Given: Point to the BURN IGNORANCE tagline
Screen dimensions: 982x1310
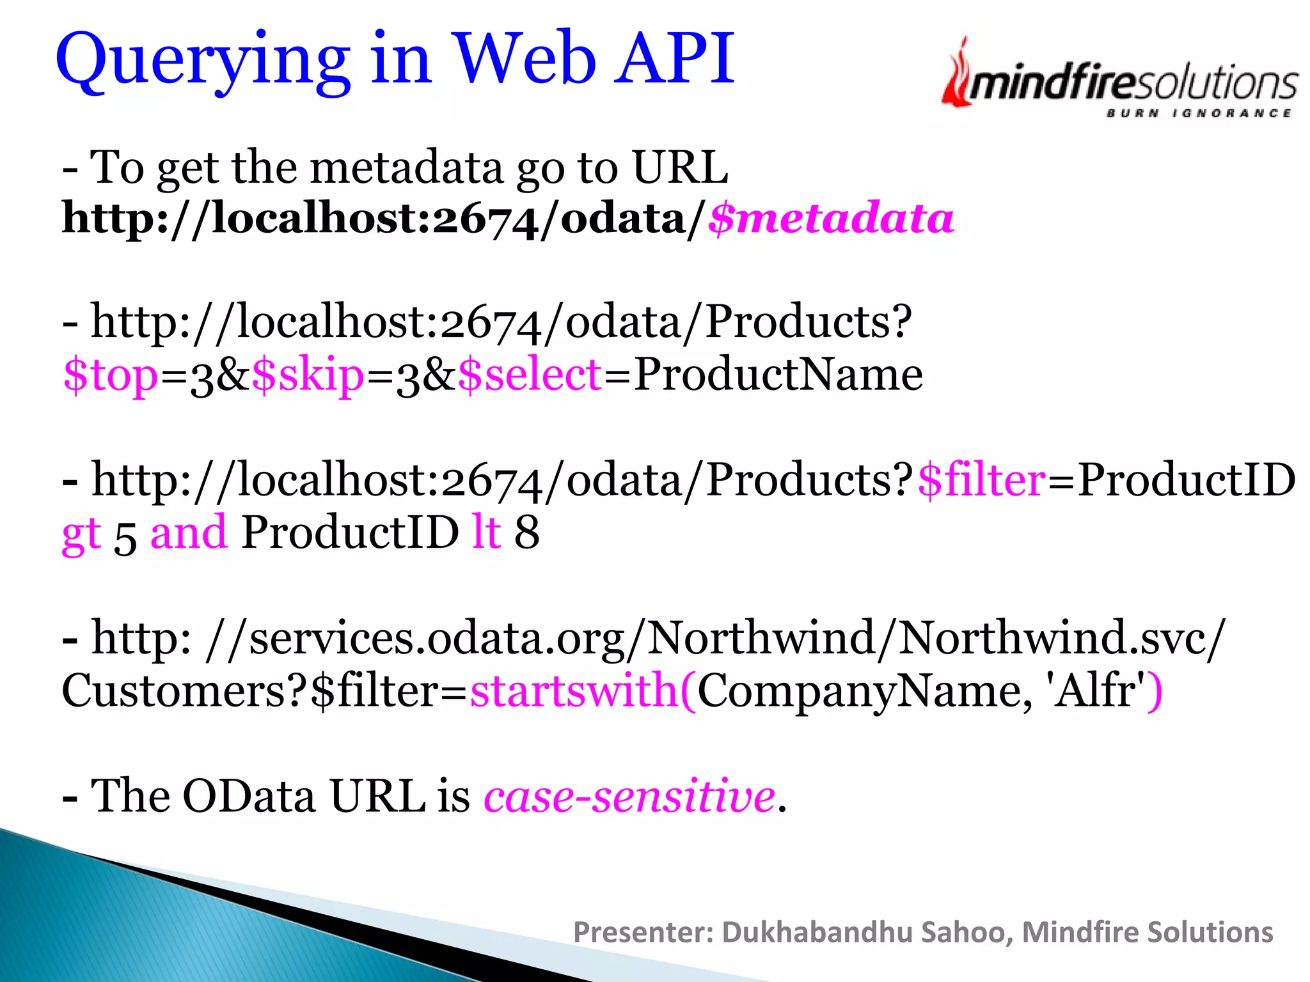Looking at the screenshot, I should click(1199, 113).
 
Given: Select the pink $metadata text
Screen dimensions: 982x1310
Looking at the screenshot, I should click(831, 219).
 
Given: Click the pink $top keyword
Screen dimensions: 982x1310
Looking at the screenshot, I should click(111, 375).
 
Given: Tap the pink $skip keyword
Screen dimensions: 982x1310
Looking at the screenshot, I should click(308, 375).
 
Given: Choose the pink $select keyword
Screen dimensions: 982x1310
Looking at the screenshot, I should click(530, 375).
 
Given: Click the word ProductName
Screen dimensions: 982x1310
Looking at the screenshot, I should click(778, 373).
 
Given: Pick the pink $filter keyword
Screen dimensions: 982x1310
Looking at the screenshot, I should click(981, 479).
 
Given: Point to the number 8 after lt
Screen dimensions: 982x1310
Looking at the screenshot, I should click(527, 532).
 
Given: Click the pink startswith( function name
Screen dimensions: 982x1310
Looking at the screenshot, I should click(583, 690).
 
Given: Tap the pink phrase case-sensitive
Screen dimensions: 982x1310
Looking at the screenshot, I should click(629, 796).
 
